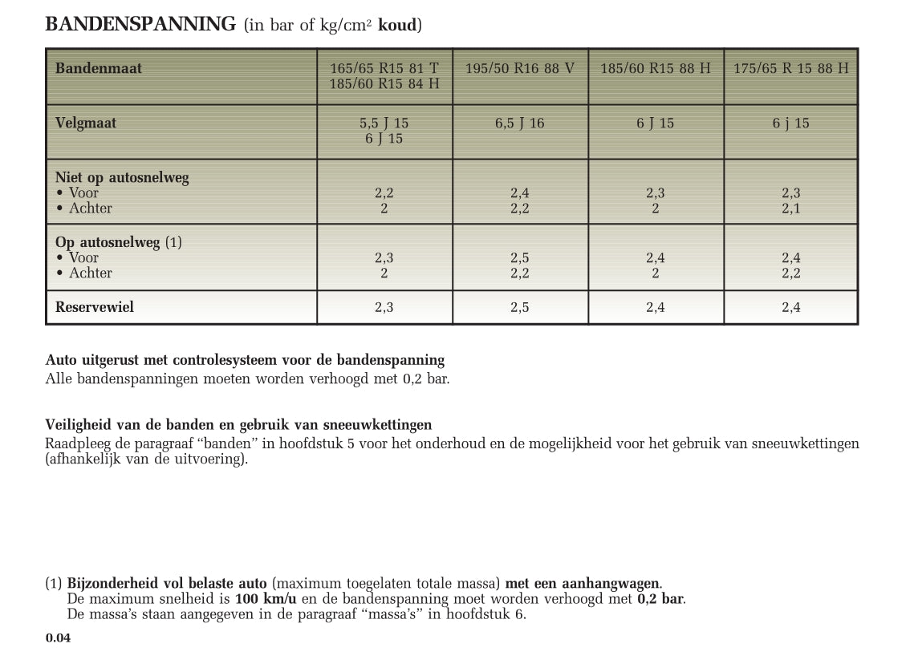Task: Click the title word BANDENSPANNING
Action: pos(141,25)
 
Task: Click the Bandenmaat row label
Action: pos(98,68)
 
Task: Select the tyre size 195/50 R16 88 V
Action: pos(520,69)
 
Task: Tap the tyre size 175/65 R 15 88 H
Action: pos(790,69)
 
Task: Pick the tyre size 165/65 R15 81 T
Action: pos(384,68)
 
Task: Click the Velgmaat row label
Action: pos(86,123)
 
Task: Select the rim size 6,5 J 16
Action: pos(520,123)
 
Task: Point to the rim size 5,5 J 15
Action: pos(384,123)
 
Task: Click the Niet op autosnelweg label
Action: pos(122,178)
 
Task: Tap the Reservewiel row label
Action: pos(95,307)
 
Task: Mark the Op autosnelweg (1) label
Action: pos(119,242)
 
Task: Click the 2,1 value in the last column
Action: pos(791,209)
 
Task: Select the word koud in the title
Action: pos(397,26)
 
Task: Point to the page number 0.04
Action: pos(58,638)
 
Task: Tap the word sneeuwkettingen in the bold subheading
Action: pos(380,425)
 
